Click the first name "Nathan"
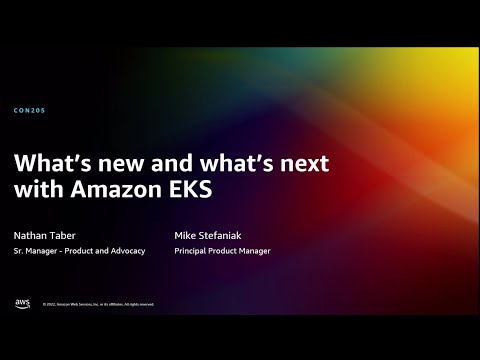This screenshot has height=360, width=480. click(x=31, y=235)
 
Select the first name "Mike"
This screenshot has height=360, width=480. click(x=185, y=235)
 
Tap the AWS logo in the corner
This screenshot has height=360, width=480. click(x=22, y=303)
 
